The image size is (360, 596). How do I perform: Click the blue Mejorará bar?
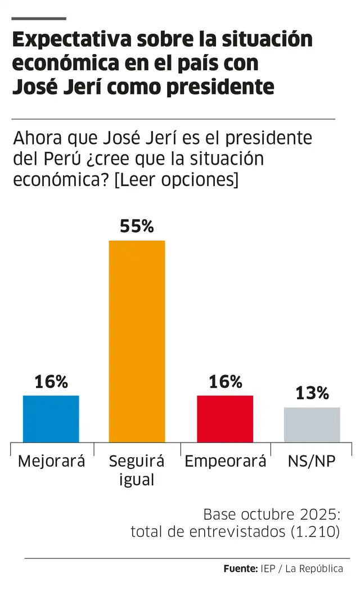(51, 418)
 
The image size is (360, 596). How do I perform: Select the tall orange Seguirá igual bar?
(137, 341)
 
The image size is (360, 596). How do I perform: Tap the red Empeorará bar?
(225, 418)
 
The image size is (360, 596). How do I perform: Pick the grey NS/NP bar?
(312, 425)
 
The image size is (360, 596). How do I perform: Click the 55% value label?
(137, 227)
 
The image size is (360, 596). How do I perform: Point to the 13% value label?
(312, 393)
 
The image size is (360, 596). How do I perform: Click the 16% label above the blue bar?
(51, 382)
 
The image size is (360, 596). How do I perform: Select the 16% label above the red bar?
(225, 382)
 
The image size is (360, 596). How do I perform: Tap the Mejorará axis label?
(51, 462)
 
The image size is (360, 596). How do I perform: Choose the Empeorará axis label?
(225, 462)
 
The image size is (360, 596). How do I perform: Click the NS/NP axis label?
(312, 462)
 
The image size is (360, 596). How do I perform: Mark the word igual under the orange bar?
(137, 481)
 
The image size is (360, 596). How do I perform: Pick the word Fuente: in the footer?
(240, 568)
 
